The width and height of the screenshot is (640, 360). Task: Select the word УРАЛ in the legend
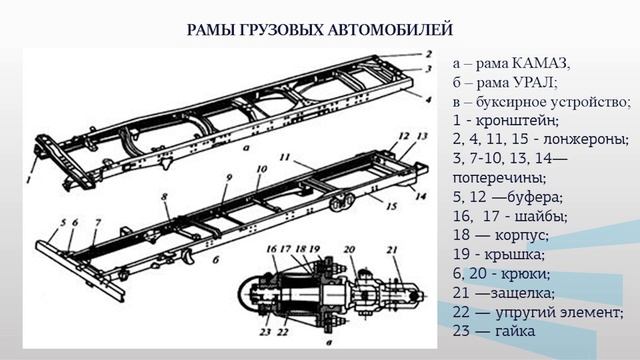click(535, 83)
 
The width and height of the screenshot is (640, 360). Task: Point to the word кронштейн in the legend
click(517, 121)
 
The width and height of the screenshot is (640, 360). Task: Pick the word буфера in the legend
click(535, 197)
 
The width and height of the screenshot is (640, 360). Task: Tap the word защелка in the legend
click(522, 293)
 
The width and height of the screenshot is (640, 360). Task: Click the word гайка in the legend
click(515, 331)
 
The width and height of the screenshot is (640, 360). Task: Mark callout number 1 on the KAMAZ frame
click(28, 179)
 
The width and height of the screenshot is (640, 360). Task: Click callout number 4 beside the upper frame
click(428, 99)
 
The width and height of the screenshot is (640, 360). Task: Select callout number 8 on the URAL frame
click(164, 197)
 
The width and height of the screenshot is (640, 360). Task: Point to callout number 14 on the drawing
click(421, 196)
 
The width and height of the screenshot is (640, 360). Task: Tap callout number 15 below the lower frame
click(391, 206)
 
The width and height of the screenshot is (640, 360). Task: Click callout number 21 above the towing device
click(392, 249)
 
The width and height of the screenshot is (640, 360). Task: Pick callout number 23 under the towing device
click(266, 332)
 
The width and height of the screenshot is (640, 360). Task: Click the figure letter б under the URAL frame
click(216, 260)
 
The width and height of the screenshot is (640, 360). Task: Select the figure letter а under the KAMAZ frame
click(245, 149)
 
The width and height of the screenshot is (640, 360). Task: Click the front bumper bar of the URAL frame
click(80, 270)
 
